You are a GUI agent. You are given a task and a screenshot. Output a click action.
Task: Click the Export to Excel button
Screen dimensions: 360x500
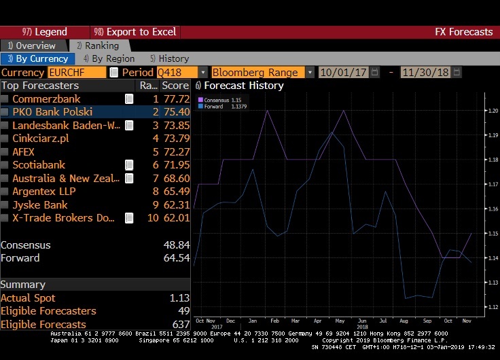coord(135,32)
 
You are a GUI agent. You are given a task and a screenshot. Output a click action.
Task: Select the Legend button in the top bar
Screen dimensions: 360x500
coord(45,32)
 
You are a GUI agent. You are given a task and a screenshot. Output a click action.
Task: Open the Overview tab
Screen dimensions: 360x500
coord(31,46)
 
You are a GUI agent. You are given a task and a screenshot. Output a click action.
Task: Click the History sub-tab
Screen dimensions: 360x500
coord(169,59)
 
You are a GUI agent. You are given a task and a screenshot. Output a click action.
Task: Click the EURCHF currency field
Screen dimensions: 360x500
coord(67,72)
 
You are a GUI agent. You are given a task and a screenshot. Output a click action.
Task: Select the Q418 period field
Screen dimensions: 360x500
coord(177,72)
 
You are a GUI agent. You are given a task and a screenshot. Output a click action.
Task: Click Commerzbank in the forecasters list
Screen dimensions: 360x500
coord(46,99)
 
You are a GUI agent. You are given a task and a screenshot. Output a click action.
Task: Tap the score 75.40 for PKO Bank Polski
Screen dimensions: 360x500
coord(175,112)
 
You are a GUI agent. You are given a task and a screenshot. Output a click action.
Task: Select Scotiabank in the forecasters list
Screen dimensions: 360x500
coord(39,165)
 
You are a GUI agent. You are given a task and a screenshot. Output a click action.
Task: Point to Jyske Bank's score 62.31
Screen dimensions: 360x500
coord(175,204)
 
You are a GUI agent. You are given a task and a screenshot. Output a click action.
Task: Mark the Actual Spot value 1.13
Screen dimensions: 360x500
coord(180,298)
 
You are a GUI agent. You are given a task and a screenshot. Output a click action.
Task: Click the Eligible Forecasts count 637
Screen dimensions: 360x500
coord(181,325)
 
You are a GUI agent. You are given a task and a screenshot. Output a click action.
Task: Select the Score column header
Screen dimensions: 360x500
coord(175,86)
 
